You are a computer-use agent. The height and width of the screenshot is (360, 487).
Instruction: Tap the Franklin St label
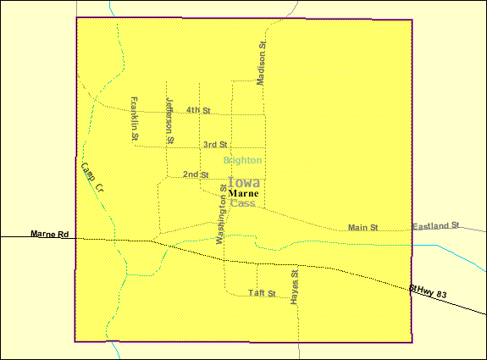(x=135, y=118)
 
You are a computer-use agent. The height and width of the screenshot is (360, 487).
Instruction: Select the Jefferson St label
(x=169, y=119)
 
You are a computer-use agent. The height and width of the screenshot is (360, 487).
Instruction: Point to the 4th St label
(x=198, y=110)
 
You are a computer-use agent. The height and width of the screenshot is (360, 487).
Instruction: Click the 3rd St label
(x=215, y=145)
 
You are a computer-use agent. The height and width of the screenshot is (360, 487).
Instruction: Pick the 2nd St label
(x=196, y=174)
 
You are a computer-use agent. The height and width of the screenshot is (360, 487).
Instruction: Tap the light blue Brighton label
(x=242, y=160)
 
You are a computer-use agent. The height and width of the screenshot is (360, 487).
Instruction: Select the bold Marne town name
(x=243, y=193)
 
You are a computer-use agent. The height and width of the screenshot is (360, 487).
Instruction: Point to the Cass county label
(x=242, y=203)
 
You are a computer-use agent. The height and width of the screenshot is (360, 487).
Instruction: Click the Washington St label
(x=224, y=214)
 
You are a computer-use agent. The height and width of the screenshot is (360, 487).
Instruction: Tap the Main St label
(x=362, y=228)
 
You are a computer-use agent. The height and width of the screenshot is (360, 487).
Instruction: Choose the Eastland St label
(x=435, y=226)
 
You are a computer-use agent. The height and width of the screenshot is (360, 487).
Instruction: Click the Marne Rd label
(x=48, y=234)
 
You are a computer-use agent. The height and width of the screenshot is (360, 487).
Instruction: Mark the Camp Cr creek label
(x=91, y=176)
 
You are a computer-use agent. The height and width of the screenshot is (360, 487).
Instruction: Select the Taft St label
(x=262, y=293)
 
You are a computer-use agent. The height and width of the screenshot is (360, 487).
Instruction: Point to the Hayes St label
(x=295, y=288)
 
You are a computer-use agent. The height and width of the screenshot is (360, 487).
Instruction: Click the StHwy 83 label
(x=428, y=291)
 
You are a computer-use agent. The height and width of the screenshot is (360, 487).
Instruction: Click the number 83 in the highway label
(x=440, y=293)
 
